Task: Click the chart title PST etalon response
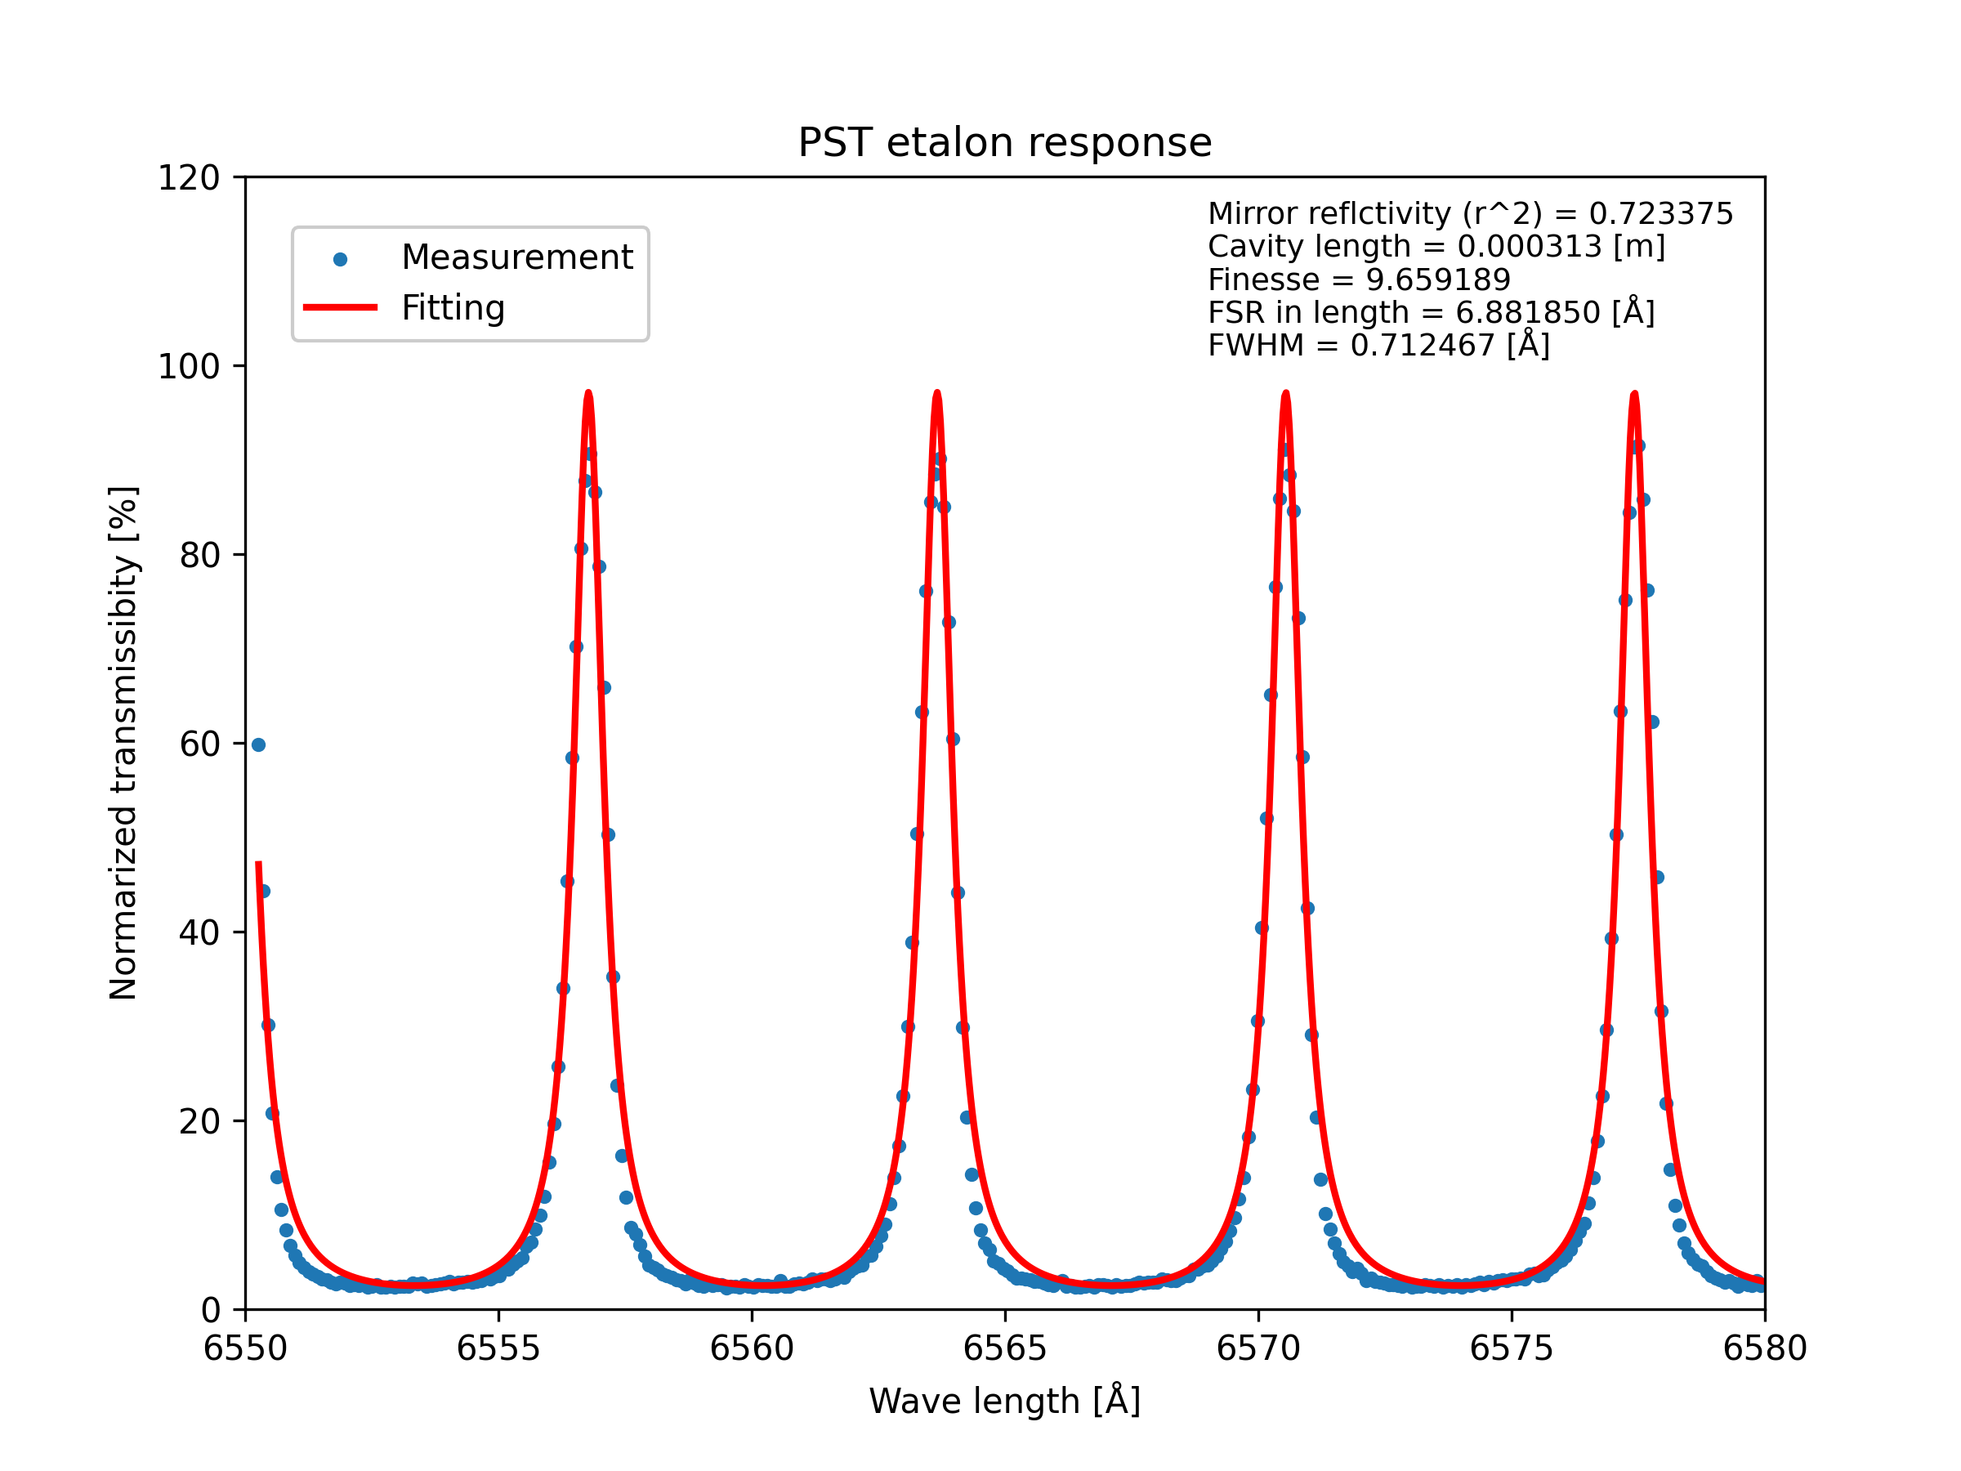[1004, 143]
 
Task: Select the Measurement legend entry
[517, 257]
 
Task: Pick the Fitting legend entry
[453, 307]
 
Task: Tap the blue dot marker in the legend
[340, 260]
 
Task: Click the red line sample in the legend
[340, 307]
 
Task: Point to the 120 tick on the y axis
[189, 178]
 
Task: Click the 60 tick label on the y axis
[199, 744]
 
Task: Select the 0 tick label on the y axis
[211, 1311]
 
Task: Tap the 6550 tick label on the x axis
[246, 1348]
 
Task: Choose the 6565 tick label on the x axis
[1004, 1348]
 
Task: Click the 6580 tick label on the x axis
[1764, 1348]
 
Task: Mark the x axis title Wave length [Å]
[1004, 1401]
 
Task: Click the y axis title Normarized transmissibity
[123, 743]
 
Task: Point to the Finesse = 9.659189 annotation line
[1358, 280]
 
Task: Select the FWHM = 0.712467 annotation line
[1378, 345]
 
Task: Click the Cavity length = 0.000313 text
[1436, 247]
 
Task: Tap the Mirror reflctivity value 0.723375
[1660, 213]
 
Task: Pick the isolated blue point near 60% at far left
[258, 744]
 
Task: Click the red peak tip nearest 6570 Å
[1285, 392]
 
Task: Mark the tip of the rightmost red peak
[1634, 392]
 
